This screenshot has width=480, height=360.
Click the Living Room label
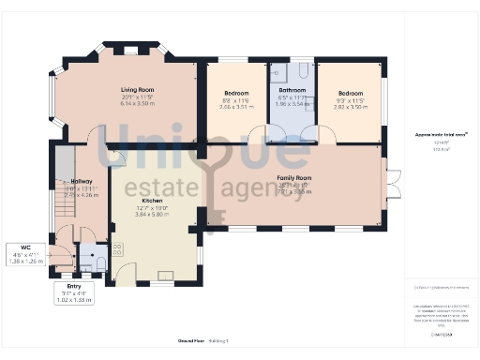tap(123, 90)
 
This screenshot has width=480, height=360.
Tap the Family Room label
tap(293, 177)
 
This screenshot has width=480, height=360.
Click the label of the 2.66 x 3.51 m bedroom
tap(235, 94)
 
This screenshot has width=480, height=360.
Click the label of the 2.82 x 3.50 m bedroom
tap(350, 94)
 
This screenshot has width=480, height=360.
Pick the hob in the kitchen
tap(118, 250)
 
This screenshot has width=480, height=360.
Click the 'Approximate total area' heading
tap(441, 135)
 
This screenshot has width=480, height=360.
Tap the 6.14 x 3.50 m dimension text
tap(123, 103)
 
